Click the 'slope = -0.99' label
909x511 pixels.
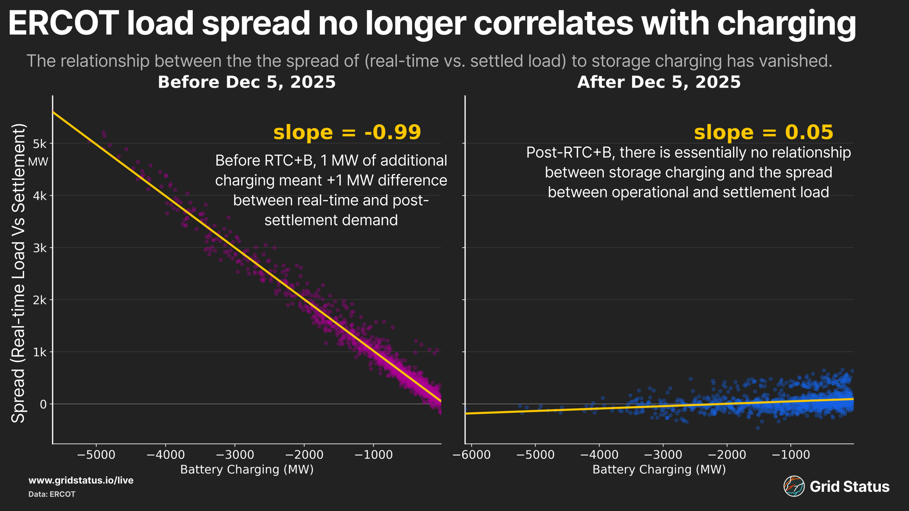pos(347,133)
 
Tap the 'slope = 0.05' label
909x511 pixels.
pos(764,133)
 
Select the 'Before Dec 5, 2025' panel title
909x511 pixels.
pos(246,82)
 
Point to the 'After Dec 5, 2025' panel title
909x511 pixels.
pos(659,82)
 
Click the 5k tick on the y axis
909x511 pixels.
pos(40,144)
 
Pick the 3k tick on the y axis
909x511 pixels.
pos(40,248)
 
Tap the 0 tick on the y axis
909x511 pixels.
pos(43,404)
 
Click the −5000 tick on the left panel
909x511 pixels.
pos(95,455)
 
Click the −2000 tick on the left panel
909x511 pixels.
pos(304,455)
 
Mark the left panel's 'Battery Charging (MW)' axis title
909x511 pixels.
pos(247,470)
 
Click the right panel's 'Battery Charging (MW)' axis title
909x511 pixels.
pos(659,470)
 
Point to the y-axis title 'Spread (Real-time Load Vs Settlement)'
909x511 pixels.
pos(18,273)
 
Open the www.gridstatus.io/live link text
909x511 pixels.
pos(81,481)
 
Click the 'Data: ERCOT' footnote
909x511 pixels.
pos(52,494)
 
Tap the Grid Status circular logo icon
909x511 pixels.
pos(794,486)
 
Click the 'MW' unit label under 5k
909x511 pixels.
pos(38,162)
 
